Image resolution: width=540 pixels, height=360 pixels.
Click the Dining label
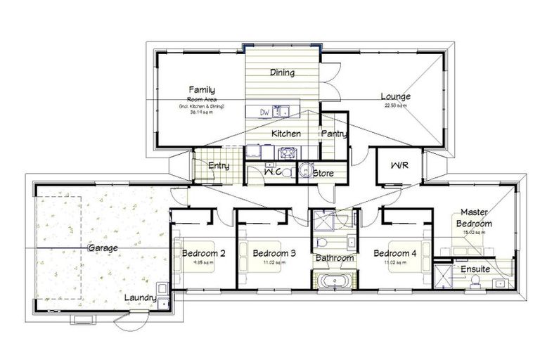tap(282, 72)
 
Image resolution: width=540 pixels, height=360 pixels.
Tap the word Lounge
tap(396, 97)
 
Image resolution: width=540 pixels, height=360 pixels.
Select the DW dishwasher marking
tap(265, 111)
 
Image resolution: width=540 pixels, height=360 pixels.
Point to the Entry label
tap(219, 166)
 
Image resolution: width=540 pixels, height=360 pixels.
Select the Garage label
tap(103, 248)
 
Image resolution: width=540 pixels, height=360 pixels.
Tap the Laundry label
tap(140, 297)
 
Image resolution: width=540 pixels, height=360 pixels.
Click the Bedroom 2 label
tap(203, 253)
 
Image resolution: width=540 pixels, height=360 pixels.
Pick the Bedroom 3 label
tap(274, 253)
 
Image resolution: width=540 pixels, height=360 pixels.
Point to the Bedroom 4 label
tap(395, 253)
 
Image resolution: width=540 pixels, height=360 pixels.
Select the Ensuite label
tap(476, 269)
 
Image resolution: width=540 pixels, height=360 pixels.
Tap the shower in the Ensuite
tap(444, 276)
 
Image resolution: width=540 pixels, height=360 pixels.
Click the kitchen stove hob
tap(286, 152)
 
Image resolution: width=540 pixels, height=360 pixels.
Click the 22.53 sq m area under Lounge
tap(396, 106)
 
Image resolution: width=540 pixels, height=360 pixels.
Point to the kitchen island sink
tap(282, 110)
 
